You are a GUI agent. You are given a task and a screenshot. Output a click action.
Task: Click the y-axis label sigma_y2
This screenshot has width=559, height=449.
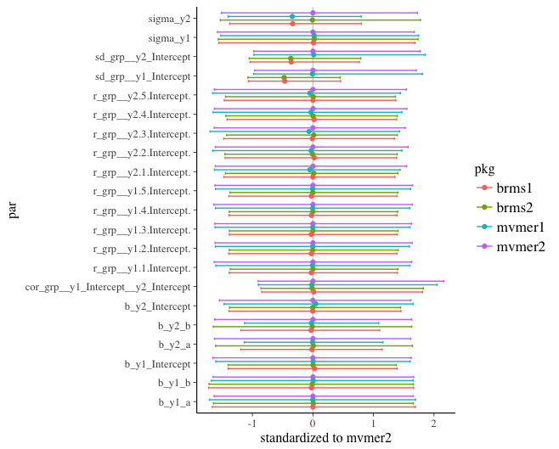coord(168,18)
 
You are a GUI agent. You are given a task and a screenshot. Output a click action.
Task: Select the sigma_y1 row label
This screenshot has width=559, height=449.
coord(168,37)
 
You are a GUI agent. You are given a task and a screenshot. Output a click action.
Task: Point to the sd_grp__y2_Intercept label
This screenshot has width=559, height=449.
coord(142,57)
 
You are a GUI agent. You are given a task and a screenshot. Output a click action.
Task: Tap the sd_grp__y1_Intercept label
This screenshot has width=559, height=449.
coord(142,76)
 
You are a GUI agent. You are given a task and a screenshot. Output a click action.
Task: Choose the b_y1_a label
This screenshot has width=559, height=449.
coord(173,403)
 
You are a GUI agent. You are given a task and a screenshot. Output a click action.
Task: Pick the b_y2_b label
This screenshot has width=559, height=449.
coord(173,326)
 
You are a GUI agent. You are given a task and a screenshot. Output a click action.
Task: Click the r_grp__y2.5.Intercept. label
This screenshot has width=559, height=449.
coord(141,95)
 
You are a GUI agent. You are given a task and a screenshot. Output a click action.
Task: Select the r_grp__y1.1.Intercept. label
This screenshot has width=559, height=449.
coord(141,268)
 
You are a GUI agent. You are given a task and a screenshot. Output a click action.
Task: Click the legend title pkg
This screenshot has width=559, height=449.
coord(485,169)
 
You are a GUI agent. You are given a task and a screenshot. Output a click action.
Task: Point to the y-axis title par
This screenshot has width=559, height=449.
coord(13,210)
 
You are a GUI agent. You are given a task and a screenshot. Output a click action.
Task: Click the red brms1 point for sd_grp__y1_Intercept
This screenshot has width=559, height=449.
coord(285,81)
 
